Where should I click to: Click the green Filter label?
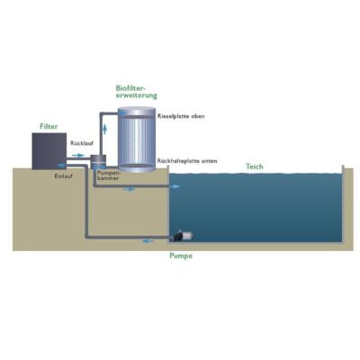coord(49,126)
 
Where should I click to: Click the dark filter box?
coord(49,151)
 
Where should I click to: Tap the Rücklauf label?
coord(82,143)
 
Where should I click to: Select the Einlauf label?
coord(63,176)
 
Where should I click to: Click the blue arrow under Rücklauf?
coord(78,155)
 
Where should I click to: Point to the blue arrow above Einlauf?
coord(62,165)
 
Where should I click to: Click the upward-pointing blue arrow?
coord(104,129)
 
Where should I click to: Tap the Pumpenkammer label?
coord(108,175)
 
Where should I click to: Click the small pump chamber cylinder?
coord(98,162)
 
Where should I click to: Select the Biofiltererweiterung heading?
coord(137,92)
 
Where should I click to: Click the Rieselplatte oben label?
coord(181,116)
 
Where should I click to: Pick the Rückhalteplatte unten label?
coord(187,161)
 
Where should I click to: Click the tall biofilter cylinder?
coord(137,139)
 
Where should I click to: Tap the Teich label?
coord(255,166)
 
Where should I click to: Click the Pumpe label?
coord(181,256)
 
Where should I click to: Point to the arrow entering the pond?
coord(175,186)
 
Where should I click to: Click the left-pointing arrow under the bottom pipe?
coord(148,241)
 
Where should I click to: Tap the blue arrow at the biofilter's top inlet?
coord(122,113)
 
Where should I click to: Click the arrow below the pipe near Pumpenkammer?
coord(129,190)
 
